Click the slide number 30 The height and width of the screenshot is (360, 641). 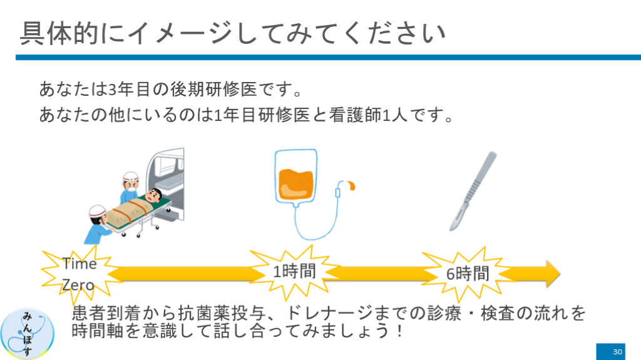[617, 351]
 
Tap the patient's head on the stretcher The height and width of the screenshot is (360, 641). [155, 195]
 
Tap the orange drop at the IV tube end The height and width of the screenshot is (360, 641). [349, 185]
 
